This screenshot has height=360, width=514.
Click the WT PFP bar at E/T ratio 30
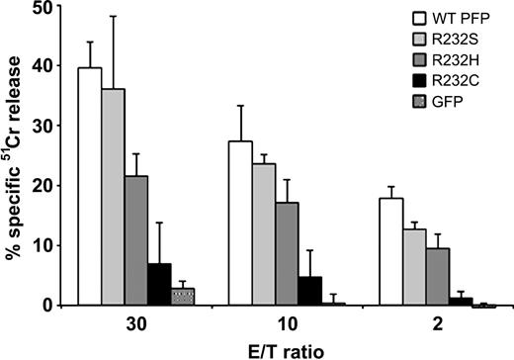[90, 187]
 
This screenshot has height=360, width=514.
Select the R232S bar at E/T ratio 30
[113, 197]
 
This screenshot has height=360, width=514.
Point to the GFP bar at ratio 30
[181, 297]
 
